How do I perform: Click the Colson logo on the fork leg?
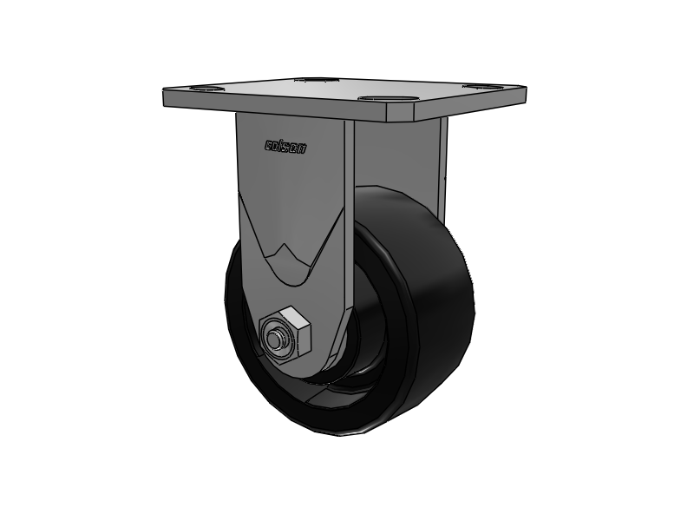(x=285, y=147)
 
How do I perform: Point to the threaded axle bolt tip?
(x=279, y=340)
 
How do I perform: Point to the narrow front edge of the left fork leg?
(x=349, y=217)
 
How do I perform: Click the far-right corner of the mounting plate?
(x=524, y=89)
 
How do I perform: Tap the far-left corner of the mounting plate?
(x=165, y=94)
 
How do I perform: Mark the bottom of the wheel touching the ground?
(x=347, y=432)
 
